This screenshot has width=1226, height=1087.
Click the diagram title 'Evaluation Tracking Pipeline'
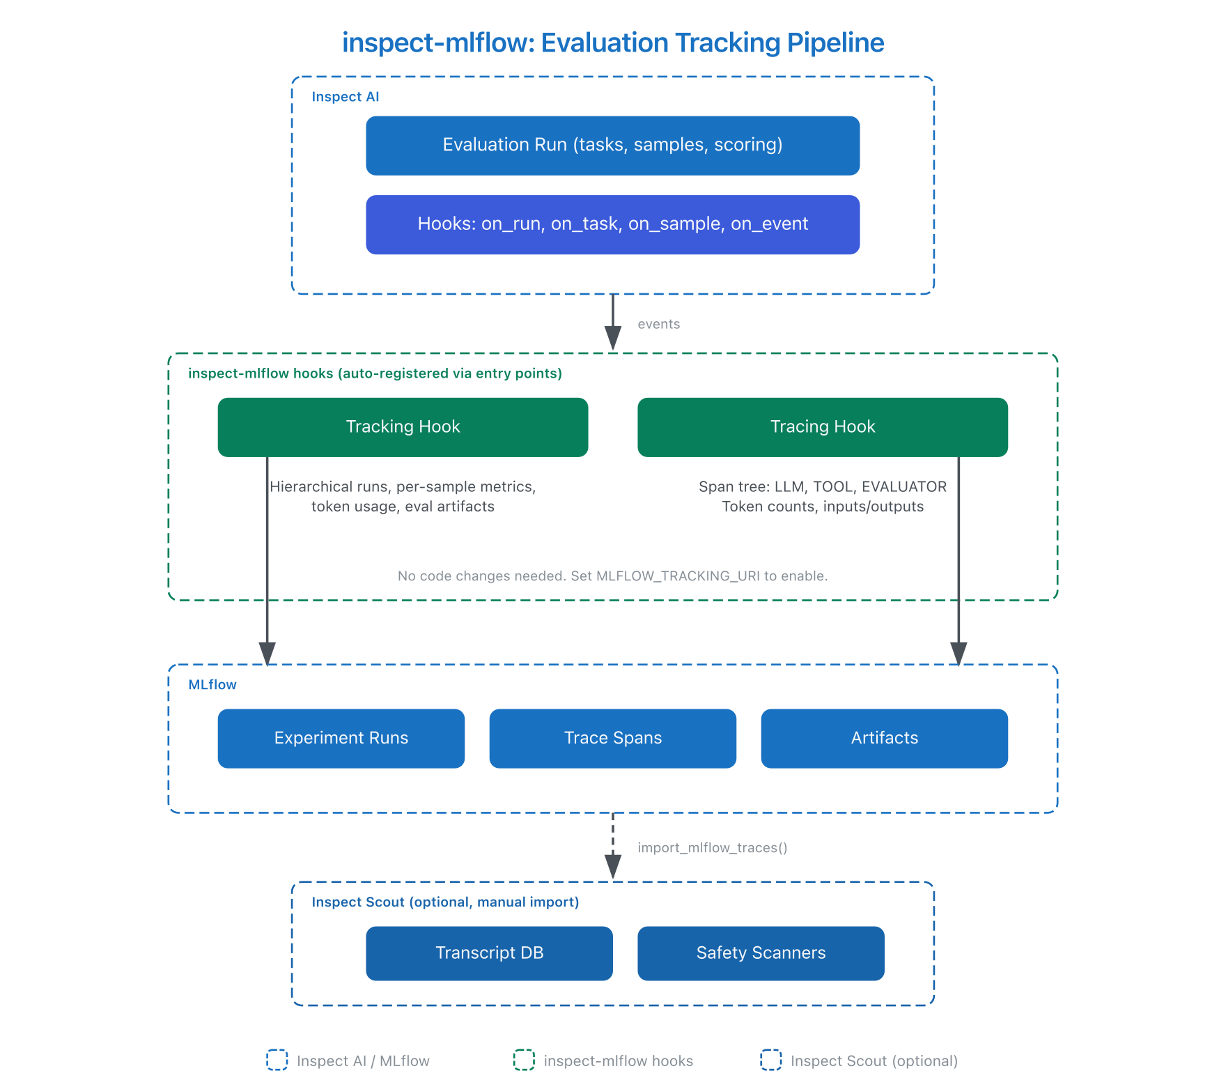[712, 43]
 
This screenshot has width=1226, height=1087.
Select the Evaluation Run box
[612, 145]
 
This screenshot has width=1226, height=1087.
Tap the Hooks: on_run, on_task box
[612, 224]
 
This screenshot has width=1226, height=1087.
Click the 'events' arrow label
[658, 324]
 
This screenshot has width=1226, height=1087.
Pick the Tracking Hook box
[403, 426]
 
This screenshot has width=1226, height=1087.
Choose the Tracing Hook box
[822, 426]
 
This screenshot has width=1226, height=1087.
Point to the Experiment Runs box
[341, 738]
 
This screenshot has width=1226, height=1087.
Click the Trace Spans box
[612, 738]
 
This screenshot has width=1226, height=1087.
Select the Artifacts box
[884, 738]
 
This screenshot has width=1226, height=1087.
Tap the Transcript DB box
[489, 953]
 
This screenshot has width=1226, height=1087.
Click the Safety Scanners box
[761, 953]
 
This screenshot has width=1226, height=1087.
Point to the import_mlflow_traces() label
[712, 847]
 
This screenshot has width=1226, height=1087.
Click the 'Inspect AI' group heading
[345, 97]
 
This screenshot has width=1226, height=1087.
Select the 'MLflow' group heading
[212, 685]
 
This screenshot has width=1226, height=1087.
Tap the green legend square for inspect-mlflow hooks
[524, 1060]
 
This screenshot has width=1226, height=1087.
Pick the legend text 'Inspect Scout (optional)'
[874, 1061]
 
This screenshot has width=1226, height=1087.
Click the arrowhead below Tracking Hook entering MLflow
[267, 654]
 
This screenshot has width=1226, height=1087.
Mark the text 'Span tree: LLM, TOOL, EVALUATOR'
[822, 486]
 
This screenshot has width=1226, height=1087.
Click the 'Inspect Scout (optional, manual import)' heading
[445, 902]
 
